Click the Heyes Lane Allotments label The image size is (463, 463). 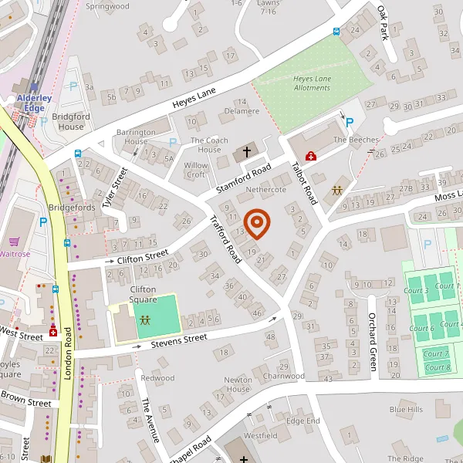click(x=312, y=83)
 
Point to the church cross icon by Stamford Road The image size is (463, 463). click(x=247, y=152)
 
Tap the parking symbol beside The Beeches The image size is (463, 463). click(x=349, y=122)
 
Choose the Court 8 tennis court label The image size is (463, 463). click(x=438, y=367)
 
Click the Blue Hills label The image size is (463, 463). click(x=406, y=409)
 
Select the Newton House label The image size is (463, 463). click(x=238, y=384)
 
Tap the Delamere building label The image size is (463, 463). click(x=241, y=111)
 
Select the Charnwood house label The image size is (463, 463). click(x=284, y=377)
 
